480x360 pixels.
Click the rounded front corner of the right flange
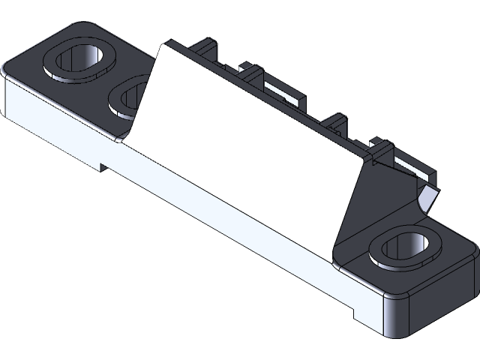[394, 315]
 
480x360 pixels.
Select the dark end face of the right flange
[442, 300]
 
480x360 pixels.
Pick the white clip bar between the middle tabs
[285, 94]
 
